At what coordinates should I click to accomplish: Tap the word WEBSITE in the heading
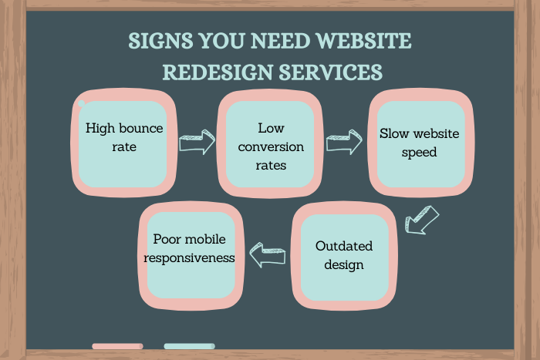(x=363, y=41)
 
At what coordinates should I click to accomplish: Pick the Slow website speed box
(x=419, y=143)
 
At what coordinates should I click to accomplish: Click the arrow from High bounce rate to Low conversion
(x=197, y=142)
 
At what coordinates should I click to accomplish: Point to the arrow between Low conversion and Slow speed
(x=343, y=142)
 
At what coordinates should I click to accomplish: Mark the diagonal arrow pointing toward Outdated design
(x=421, y=219)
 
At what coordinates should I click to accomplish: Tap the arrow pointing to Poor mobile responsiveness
(x=268, y=256)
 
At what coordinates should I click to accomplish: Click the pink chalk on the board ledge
(x=117, y=346)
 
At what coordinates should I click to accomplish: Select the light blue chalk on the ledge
(x=189, y=346)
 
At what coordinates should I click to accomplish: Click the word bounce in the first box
(x=143, y=128)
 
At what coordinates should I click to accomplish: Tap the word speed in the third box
(x=419, y=152)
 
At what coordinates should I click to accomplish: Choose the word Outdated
(x=344, y=247)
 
